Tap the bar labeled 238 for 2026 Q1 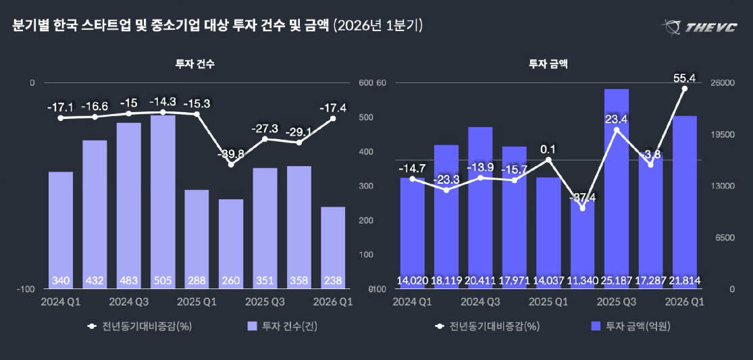click(333, 247)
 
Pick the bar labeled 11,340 click(582, 243)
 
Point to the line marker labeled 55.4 click(684, 88)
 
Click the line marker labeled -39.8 click(231, 164)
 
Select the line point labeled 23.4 click(617, 130)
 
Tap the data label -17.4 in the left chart click(332, 107)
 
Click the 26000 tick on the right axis click(721, 83)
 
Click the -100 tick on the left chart click(27, 289)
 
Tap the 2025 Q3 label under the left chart click(265, 301)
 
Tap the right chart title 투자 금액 click(548, 64)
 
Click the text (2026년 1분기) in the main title click(378, 26)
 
